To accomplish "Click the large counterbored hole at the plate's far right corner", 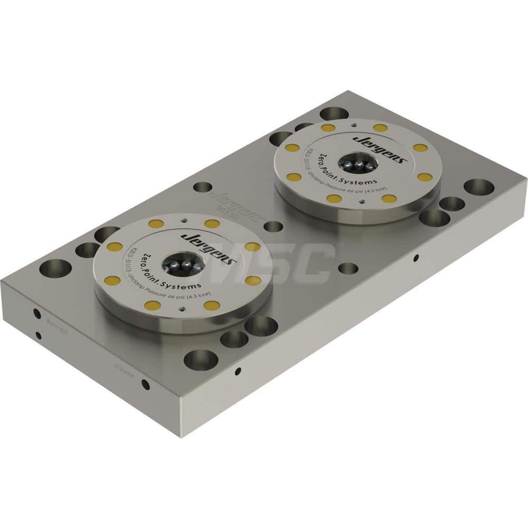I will [x=479, y=187].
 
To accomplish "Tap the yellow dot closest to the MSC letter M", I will [x=252, y=247].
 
